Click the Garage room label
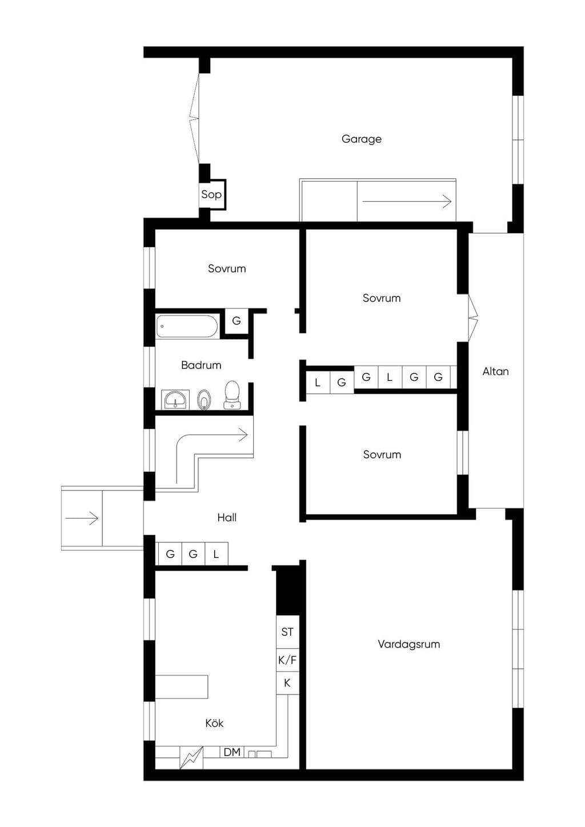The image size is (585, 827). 361,139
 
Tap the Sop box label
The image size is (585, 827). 211,194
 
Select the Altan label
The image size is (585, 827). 496,371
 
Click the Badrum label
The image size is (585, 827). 201,365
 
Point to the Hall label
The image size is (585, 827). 227,517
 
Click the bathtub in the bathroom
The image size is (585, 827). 187,326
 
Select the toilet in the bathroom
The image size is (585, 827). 232,395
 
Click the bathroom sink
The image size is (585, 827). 175,399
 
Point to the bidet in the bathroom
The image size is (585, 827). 204,400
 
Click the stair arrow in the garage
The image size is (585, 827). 407,202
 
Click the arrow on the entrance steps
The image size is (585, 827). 82,518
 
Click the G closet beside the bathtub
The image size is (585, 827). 237,320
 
